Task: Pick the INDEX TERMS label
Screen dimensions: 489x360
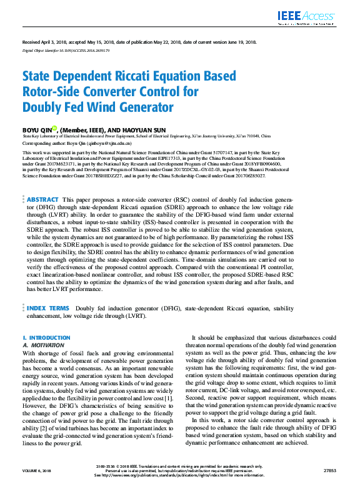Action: (x=47, y=308)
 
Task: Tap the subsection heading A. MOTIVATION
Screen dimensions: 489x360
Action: (x=43, y=344)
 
